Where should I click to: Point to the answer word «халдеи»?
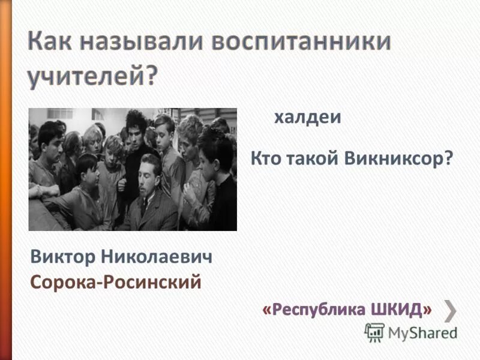click(307, 118)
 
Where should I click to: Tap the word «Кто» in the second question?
click(265, 159)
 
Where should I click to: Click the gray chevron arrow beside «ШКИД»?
click(451, 310)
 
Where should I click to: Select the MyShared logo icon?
click(375, 332)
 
